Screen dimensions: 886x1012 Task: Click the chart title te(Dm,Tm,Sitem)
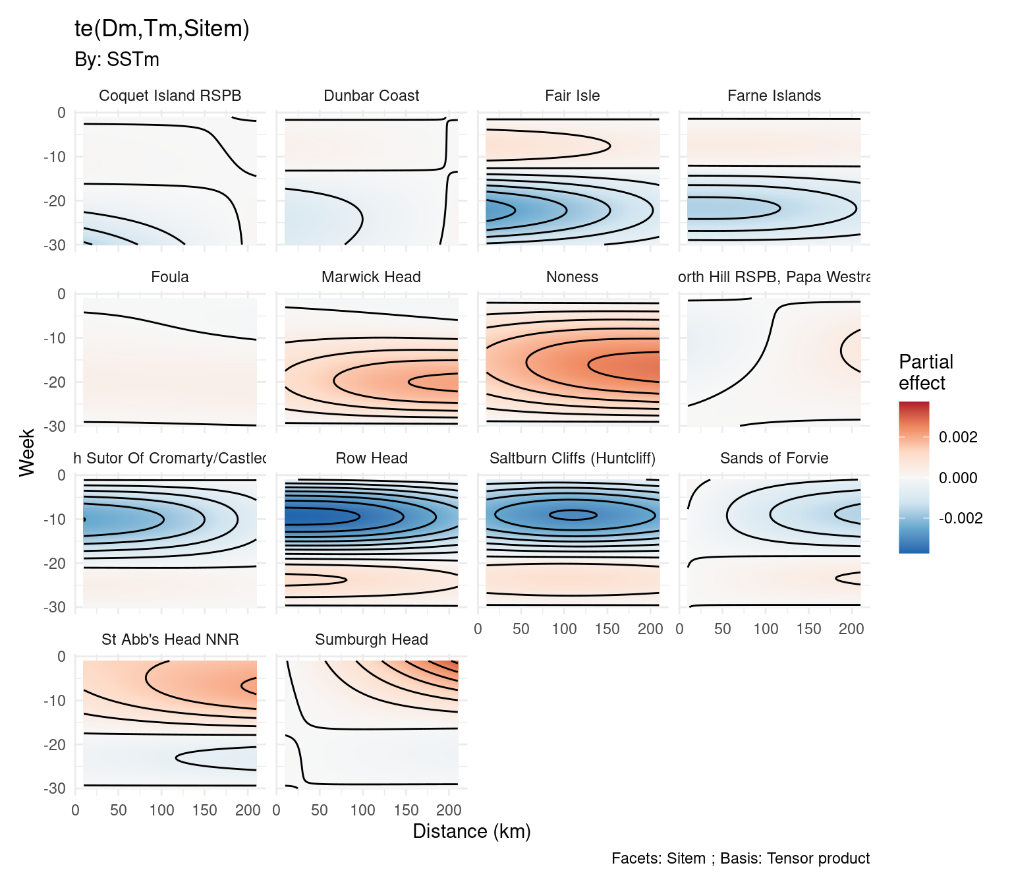(161, 29)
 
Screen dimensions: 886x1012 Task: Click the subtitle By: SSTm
(117, 59)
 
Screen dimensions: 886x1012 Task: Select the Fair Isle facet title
(572, 96)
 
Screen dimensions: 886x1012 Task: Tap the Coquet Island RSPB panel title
(170, 96)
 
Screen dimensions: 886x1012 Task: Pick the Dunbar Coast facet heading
(371, 96)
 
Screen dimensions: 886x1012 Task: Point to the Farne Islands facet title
(774, 96)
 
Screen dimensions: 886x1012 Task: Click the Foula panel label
(170, 277)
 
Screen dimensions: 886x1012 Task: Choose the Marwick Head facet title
(371, 277)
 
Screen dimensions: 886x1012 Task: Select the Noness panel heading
(572, 277)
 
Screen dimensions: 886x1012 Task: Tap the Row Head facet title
(371, 458)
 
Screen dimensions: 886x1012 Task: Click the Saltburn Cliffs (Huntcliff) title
(572, 458)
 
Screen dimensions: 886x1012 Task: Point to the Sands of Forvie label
(774, 458)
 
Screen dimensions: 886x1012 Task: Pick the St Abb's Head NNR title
(170, 639)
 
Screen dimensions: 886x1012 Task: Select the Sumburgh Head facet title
(371, 639)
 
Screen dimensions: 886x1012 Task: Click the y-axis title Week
(27, 452)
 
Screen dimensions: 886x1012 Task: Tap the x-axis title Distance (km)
(471, 831)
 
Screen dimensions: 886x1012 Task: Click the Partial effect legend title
(925, 372)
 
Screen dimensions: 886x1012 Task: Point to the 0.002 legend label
(957, 437)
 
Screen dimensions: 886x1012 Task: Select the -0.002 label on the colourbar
(960, 518)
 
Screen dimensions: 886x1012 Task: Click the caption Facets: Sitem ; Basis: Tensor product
(740, 858)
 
